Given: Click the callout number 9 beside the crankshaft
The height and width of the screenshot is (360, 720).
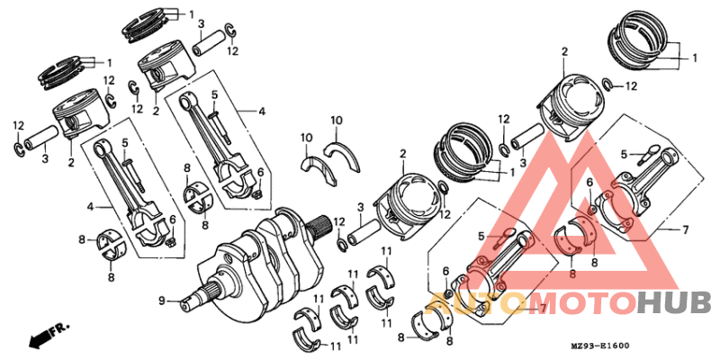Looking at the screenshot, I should (x=163, y=300).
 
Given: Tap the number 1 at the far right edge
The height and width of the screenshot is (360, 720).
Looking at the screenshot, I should (x=694, y=58).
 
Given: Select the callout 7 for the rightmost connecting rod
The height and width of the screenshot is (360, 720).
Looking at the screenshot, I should (x=685, y=229).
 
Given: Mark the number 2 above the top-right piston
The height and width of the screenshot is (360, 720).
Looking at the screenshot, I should (x=564, y=51).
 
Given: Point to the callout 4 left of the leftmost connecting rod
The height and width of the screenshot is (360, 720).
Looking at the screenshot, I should (x=90, y=207).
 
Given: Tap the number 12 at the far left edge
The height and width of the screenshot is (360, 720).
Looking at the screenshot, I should (x=18, y=125).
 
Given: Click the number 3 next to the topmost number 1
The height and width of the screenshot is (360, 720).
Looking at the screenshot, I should (x=200, y=23).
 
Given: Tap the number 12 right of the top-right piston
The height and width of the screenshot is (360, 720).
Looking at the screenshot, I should (x=631, y=86).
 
